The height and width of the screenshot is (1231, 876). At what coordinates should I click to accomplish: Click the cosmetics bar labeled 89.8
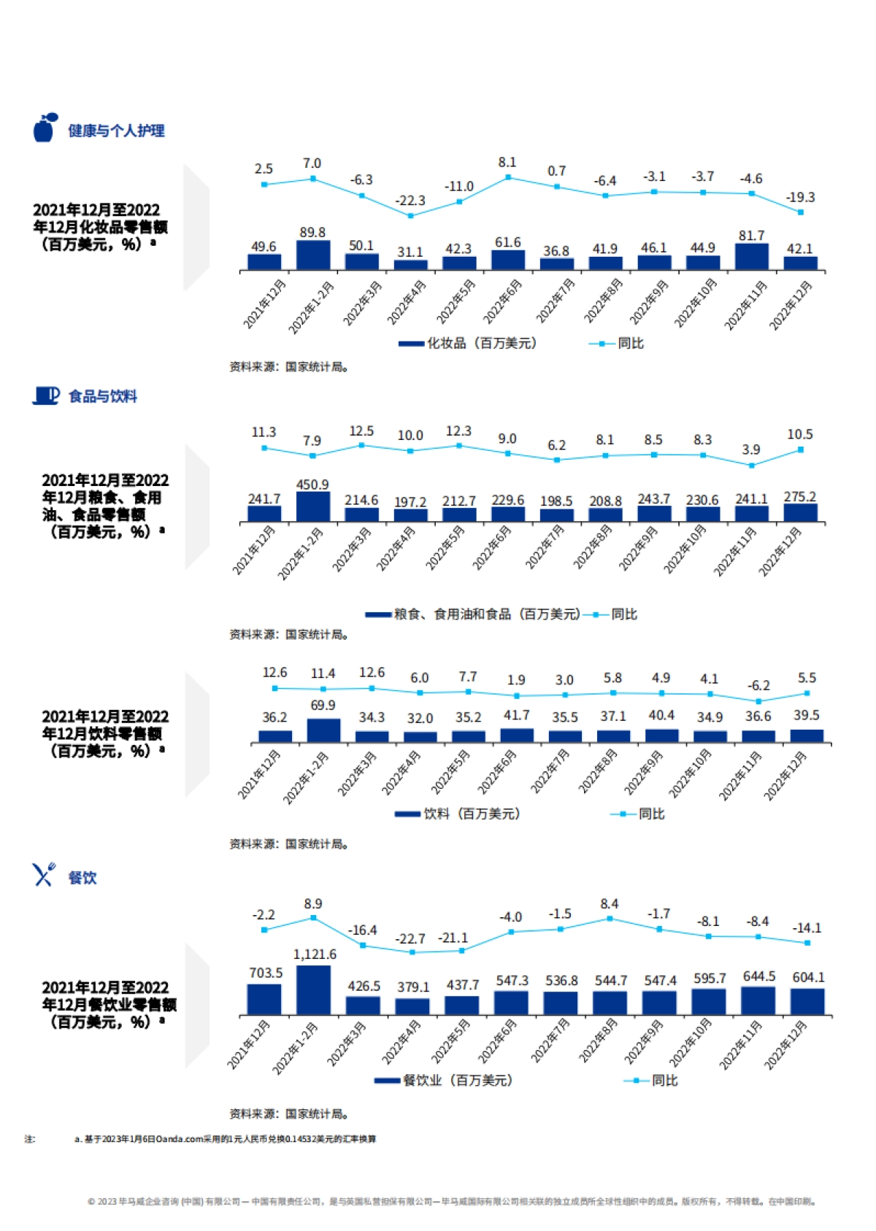[x=312, y=255]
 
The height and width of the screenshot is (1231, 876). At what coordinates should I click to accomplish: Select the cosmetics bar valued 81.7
[x=751, y=257]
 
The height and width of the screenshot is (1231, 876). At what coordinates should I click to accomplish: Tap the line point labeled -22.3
[x=410, y=216]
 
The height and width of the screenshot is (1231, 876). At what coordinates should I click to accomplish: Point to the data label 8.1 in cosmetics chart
[x=507, y=163]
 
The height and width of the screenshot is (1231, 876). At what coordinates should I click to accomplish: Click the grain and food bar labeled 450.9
[x=312, y=506]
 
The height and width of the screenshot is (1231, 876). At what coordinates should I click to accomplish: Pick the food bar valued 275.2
[x=800, y=512]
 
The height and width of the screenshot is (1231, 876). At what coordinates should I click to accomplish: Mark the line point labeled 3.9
[x=751, y=465]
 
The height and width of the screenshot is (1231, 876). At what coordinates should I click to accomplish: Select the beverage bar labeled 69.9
[x=323, y=730]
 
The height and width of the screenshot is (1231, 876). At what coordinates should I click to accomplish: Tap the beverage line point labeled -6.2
[x=758, y=701]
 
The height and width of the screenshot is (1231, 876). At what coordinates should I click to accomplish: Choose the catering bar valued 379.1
[x=413, y=1006]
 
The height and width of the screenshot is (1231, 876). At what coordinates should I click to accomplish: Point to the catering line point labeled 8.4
[x=610, y=919]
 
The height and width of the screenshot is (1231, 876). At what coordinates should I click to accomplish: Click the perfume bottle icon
[x=45, y=128]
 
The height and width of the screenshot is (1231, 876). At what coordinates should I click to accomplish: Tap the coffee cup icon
[x=46, y=395]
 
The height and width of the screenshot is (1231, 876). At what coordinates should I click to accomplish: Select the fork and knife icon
[x=44, y=874]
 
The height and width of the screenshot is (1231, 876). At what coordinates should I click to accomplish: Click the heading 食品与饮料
[x=103, y=396]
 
